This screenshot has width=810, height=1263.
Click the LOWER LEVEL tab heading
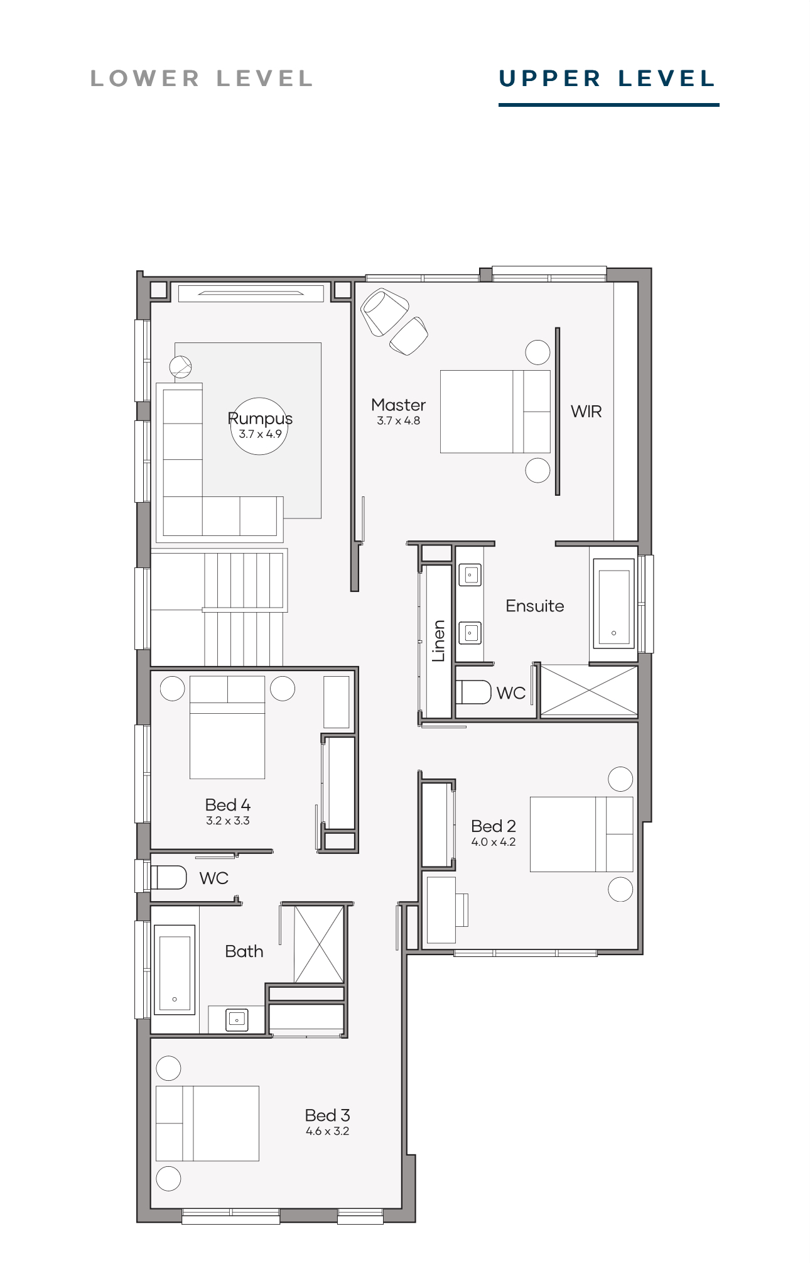pos(202,79)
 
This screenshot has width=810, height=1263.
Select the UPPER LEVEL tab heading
pos(607,79)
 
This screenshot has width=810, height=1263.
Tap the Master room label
pos(398,405)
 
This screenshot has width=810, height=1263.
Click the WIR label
pos(586,412)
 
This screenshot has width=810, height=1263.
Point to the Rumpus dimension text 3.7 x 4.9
pos(260,434)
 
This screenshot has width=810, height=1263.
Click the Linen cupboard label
pos(438,641)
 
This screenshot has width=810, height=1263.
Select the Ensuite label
pos(535,606)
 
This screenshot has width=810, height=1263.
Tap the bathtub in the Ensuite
pos(613,607)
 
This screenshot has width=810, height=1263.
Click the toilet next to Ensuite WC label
pos(473,692)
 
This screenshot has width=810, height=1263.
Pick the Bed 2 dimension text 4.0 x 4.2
pos(494,842)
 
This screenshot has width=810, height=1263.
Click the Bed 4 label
pos(228,805)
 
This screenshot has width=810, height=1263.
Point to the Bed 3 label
pos(327,1115)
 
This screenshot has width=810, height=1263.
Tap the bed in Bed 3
pos(207,1124)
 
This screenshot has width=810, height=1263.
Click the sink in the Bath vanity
pos(237,1020)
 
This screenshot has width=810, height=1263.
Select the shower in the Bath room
pos(320,944)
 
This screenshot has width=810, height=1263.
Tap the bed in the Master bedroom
pos(495,412)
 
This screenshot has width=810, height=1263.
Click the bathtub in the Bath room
pos(175,970)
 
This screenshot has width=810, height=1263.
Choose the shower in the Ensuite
pos(589,690)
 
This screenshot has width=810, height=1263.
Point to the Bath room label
pos(244,951)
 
